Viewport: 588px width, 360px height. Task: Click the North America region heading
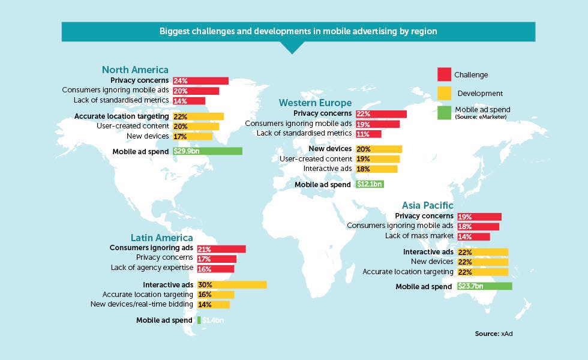click(x=135, y=70)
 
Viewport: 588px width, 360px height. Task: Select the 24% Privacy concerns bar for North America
click(x=200, y=80)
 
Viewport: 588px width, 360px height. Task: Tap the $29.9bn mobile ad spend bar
click(x=208, y=151)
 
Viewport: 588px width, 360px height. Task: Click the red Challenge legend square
click(x=444, y=74)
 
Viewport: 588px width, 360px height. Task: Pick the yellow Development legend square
click(x=444, y=94)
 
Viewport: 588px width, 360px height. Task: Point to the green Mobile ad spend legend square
click(x=444, y=113)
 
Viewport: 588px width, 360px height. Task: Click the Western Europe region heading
click(x=316, y=103)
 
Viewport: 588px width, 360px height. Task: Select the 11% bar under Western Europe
click(x=368, y=134)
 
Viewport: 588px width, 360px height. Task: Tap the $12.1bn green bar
click(x=370, y=184)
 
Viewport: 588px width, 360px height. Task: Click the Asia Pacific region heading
click(x=427, y=205)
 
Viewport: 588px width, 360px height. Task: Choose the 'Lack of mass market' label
click(x=419, y=236)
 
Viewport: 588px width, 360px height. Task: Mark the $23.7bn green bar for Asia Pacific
click(x=485, y=286)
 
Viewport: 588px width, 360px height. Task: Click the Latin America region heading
click(x=161, y=238)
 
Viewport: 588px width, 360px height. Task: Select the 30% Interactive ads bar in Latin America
click(x=232, y=284)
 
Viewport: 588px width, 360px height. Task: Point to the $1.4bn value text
click(x=213, y=320)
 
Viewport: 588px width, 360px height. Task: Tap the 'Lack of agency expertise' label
click(x=152, y=268)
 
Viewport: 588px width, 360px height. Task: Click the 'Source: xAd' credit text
click(x=493, y=334)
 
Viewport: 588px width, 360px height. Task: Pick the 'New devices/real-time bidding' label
click(x=142, y=304)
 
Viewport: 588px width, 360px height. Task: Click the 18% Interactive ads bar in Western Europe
click(x=377, y=169)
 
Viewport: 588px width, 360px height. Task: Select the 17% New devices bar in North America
click(x=193, y=137)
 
